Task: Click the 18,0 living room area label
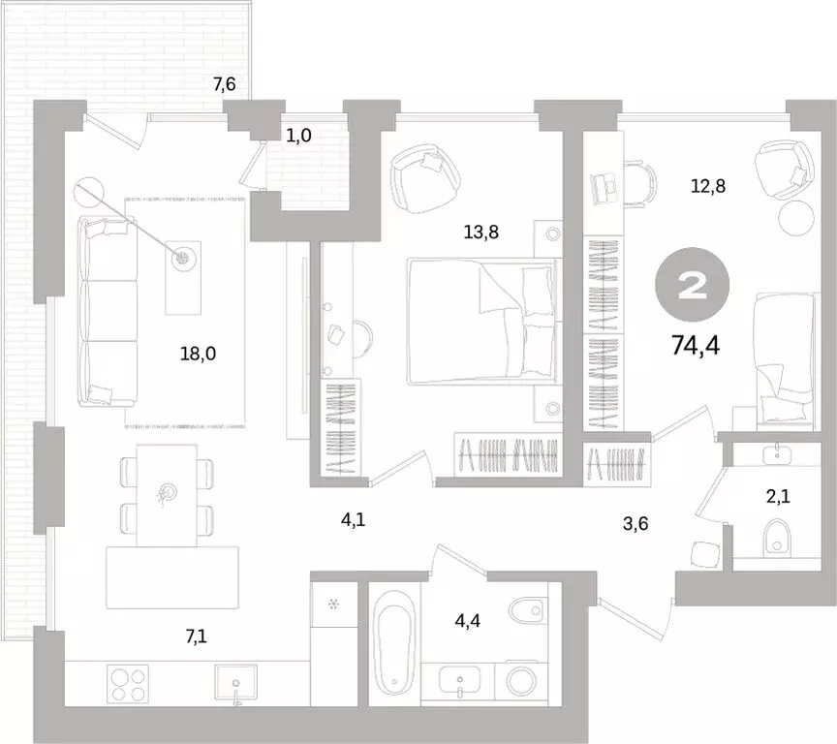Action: tap(198, 354)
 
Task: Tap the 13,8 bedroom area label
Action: tap(480, 232)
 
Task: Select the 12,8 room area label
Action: tap(708, 186)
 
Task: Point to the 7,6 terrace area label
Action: tap(225, 84)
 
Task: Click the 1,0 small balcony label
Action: tap(298, 136)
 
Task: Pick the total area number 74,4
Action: tap(696, 346)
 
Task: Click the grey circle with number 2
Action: tap(693, 285)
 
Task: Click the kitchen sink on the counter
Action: tap(235, 682)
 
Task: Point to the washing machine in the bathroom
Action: tap(520, 681)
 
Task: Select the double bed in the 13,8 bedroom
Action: tap(481, 322)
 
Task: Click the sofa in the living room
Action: tap(108, 311)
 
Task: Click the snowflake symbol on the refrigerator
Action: tap(333, 604)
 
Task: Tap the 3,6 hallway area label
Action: tap(635, 523)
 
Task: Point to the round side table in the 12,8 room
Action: tap(796, 218)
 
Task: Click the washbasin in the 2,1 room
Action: tap(777, 454)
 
